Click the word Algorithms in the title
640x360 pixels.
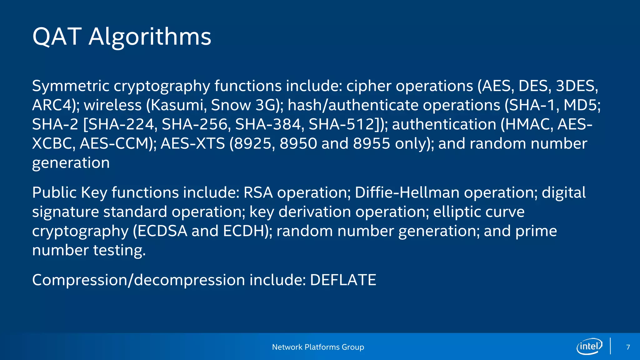[150, 37]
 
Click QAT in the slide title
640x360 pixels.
[57, 37]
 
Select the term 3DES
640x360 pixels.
[577, 86]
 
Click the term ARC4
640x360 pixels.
[52, 105]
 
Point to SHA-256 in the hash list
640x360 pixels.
[196, 124]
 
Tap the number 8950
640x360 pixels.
[298, 144]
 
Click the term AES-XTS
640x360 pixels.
[193, 144]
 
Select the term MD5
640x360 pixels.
[581, 105]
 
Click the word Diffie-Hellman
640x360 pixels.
[407, 192]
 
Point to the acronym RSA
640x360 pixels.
[258, 192]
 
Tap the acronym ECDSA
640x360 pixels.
[162, 231]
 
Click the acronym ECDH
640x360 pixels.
[244, 231]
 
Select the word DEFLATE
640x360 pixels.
[343, 280]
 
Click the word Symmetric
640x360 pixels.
[71, 86]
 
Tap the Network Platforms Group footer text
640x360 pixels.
[318, 347]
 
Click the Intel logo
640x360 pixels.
[589, 346]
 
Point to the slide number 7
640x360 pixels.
[628, 347]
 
